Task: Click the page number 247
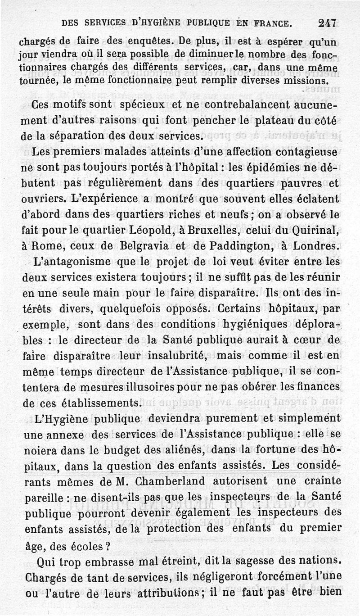click(327, 22)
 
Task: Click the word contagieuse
click(301, 152)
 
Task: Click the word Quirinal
click(315, 230)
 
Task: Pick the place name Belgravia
click(146, 246)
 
